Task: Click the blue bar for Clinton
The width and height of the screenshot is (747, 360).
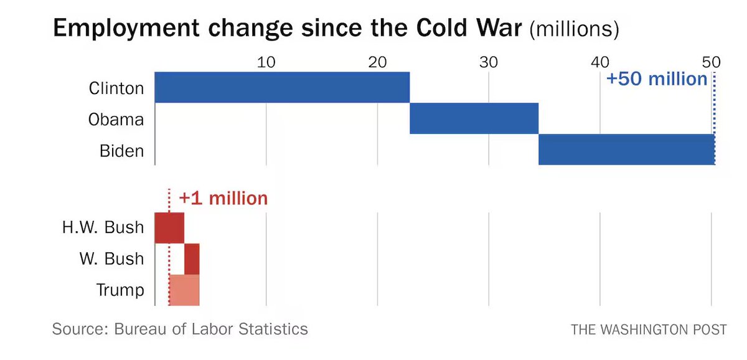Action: click(281, 87)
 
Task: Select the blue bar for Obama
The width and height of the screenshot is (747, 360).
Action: click(474, 118)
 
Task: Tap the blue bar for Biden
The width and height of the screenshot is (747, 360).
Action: click(626, 149)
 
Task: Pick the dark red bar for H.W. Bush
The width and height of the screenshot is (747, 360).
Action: click(169, 227)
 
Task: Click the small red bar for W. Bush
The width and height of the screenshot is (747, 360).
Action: click(192, 258)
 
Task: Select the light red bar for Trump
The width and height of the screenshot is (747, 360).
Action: click(184, 290)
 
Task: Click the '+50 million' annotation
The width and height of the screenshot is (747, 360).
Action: click(657, 79)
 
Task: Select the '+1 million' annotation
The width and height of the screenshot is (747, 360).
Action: click(223, 199)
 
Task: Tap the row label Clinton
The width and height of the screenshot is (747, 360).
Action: click(116, 88)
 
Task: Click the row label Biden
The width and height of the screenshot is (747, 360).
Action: click(121, 150)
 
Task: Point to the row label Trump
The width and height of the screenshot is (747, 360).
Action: click(120, 290)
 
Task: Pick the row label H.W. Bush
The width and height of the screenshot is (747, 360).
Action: click(103, 228)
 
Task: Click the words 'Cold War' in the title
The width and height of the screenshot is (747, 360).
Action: click(462, 29)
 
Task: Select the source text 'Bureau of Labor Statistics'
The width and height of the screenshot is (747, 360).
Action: click(211, 328)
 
